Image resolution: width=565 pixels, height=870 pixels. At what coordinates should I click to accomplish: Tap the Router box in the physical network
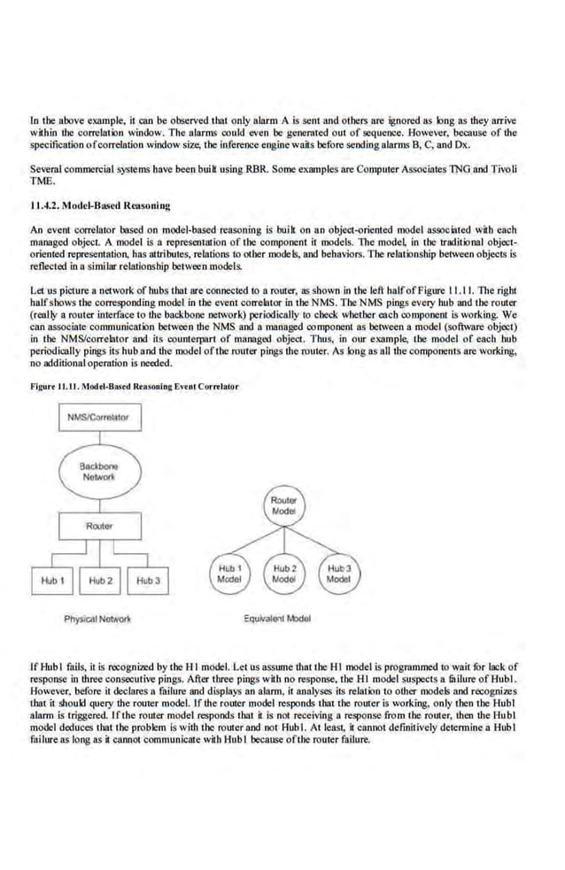(x=98, y=527)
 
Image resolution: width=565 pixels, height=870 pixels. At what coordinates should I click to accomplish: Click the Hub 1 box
(x=50, y=581)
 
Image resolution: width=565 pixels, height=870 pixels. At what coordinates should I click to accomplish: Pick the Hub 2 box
(x=99, y=581)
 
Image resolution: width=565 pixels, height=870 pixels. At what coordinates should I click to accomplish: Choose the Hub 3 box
(x=147, y=581)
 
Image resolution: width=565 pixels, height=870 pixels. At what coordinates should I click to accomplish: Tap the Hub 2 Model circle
(x=283, y=573)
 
